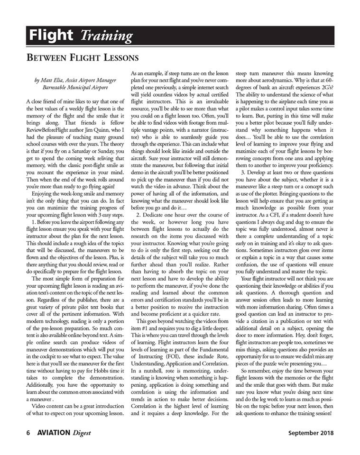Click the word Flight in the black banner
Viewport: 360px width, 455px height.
point(51,35)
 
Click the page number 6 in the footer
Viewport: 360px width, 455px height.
point(28,433)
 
